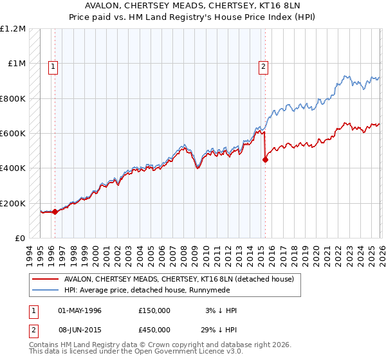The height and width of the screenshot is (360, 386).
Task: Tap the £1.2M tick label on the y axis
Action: coord(13,29)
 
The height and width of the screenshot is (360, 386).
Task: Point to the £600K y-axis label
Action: coord(12,134)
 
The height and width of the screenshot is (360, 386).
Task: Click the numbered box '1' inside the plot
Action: coord(52,65)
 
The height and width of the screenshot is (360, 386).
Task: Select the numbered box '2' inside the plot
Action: coord(264,65)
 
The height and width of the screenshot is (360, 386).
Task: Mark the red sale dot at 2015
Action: coord(265,160)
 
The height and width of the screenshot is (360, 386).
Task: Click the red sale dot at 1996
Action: coord(55,212)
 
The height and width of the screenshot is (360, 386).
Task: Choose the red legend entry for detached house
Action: coord(179,279)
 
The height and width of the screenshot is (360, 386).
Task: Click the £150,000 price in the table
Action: coord(154,310)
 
